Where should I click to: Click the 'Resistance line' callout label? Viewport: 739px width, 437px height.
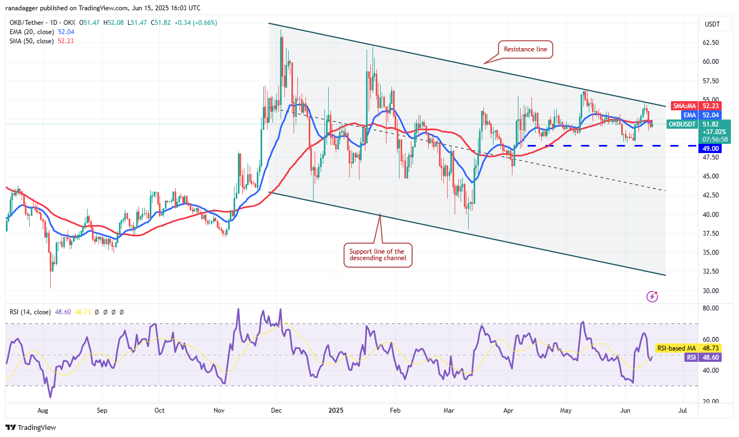[x=525, y=49]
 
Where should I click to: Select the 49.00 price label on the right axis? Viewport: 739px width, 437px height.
[x=711, y=148]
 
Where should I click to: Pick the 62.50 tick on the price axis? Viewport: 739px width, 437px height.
[x=710, y=43]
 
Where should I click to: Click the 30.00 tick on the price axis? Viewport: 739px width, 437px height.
[x=710, y=290]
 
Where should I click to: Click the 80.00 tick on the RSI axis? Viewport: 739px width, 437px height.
[x=710, y=308]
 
